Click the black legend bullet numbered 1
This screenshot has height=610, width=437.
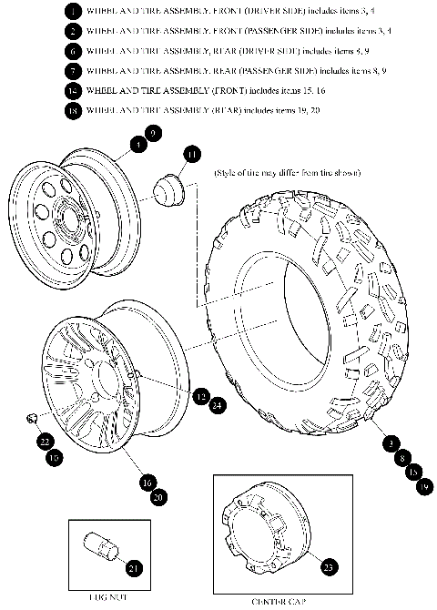coord(71,12)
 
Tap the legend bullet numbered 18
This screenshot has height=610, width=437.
coord(71,111)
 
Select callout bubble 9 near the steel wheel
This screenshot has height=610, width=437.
coord(153,134)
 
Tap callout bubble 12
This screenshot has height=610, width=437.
coord(200,395)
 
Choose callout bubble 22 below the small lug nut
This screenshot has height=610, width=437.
coord(45,442)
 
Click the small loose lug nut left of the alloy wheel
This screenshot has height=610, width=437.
coord(31,417)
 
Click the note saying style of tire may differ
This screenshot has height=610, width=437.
coord(287,172)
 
